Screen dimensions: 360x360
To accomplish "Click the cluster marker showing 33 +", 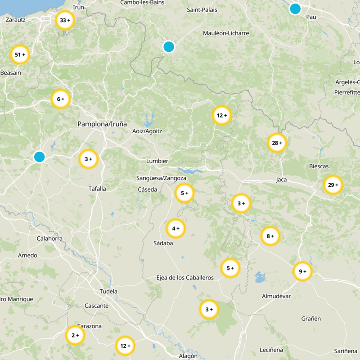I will (65, 20).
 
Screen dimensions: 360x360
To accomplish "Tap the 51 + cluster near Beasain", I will (20, 55).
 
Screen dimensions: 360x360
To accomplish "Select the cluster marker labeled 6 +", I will (61, 99).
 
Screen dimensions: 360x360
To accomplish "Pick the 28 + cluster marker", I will (277, 143).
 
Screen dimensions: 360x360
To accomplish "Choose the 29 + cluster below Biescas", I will (333, 185).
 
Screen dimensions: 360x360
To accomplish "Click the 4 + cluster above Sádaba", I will (175, 229).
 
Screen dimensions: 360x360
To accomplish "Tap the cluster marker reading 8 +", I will (270, 236).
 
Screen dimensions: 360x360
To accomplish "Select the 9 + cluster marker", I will (302, 271).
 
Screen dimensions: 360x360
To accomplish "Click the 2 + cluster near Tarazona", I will (75, 335).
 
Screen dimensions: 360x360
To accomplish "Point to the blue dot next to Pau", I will (295, 9).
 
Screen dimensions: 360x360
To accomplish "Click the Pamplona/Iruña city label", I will (102, 124).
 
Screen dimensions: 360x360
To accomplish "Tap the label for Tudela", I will (108, 291).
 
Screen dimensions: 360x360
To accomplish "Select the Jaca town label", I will (281, 180).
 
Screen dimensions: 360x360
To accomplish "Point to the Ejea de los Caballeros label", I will (185, 278).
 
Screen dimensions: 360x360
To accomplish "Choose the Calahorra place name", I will (49, 238).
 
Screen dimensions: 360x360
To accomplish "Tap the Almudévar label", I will (276, 296).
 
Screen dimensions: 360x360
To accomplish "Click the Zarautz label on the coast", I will (16, 20).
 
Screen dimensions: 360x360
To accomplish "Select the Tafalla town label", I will (97, 189).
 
